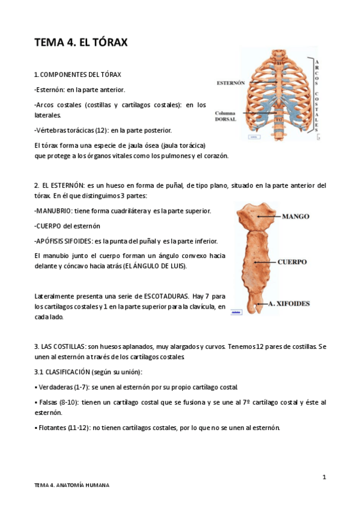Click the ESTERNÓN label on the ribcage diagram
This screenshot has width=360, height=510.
coord(231,83)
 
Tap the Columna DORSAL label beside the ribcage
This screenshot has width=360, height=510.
coord(226,116)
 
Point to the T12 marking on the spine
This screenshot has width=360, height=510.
coord(278,120)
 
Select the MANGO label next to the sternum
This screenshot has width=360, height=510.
coord(296,215)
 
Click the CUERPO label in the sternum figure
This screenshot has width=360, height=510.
coord(292,262)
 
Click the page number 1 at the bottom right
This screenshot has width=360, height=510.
coord(324,477)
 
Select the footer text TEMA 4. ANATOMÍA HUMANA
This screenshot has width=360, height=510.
coord(72,485)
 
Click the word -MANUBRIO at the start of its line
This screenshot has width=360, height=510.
coord(53,211)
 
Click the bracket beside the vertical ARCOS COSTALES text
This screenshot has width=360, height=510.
coord(313,96)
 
